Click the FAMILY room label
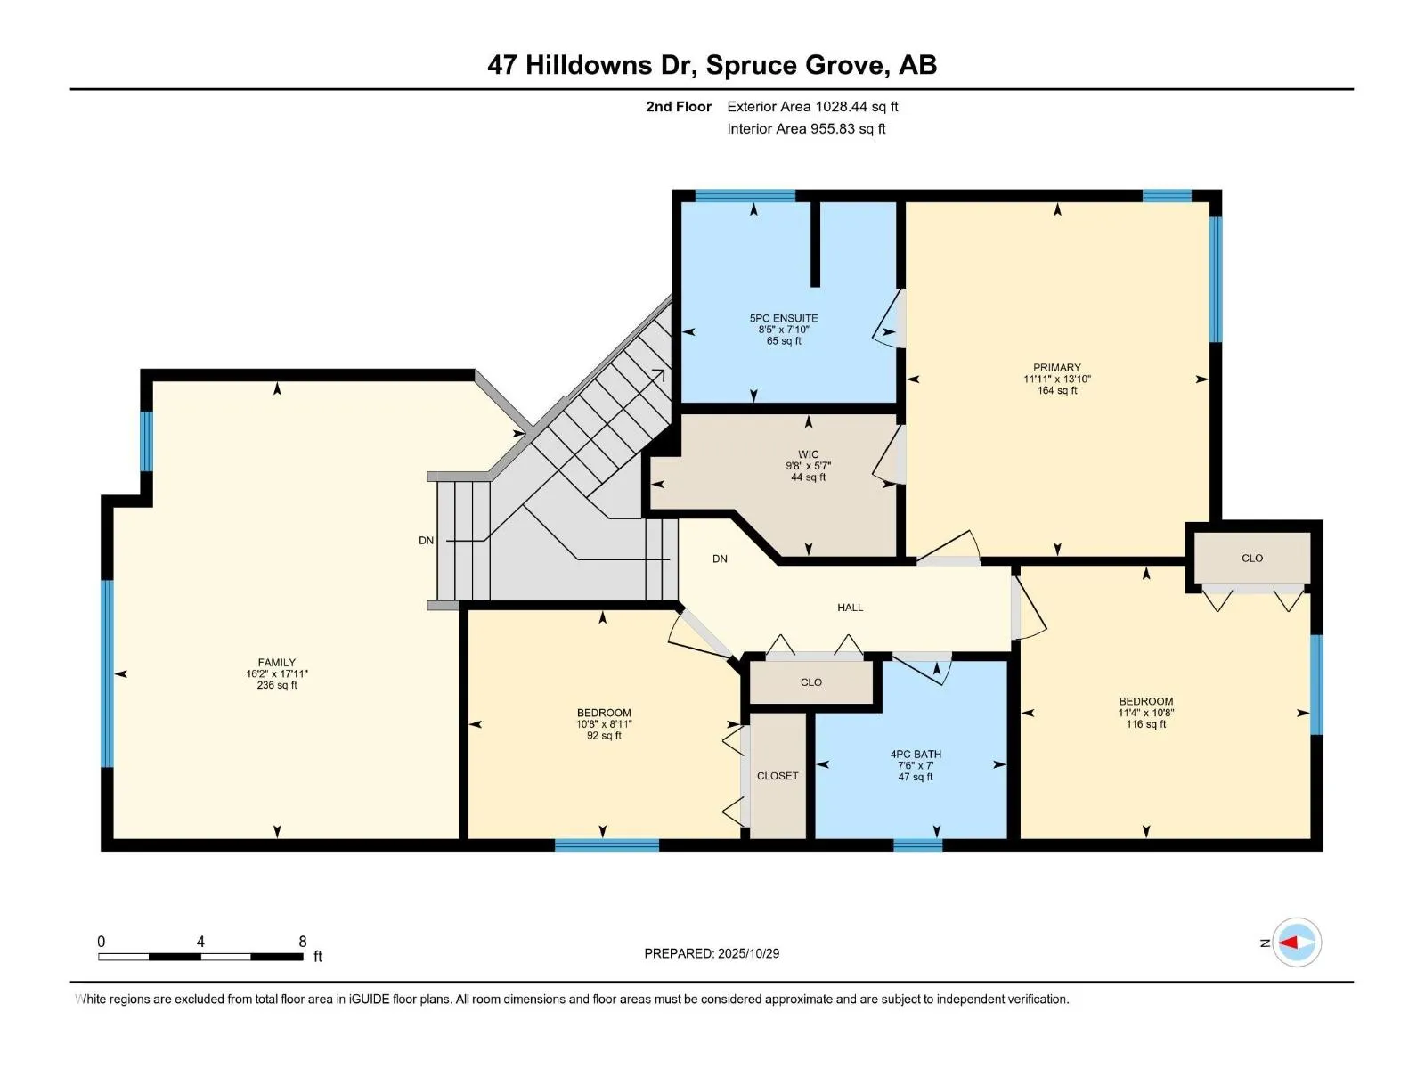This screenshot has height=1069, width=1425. pyautogui.click(x=277, y=663)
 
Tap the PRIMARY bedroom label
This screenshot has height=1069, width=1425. pyautogui.click(x=1057, y=367)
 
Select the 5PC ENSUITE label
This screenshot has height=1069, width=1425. pyautogui.click(x=784, y=318)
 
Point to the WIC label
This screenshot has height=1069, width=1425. pyautogui.click(x=809, y=454)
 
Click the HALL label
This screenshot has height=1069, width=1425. pyautogui.click(x=850, y=608)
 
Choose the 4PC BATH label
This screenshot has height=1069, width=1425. pyautogui.click(x=916, y=755)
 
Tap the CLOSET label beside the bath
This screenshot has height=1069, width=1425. pyautogui.click(x=778, y=776)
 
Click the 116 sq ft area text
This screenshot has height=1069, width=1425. pyautogui.click(x=1146, y=723)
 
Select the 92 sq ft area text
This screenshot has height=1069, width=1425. pyautogui.click(x=604, y=736)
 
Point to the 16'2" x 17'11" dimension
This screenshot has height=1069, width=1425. pyautogui.click(x=277, y=673)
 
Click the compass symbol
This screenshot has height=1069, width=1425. pyautogui.click(x=1297, y=942)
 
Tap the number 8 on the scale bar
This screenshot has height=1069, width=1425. pyautogui.click(x=303, y=941)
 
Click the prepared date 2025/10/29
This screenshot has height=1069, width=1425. pyautogui.click(x=748, y=953)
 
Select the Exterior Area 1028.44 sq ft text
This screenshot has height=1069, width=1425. pyautogui.click(x=812, y=106)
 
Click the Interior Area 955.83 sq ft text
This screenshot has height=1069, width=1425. pyautogui.click(x=806, y=128)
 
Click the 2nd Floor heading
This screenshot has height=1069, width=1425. pyautogui.click(x=679, y=106)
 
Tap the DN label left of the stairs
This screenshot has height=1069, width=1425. pyautogui.click(x=426, y=540)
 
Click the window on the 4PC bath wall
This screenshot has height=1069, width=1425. pyautogui.click(x=917, y=845)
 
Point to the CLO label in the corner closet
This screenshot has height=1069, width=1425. pyautogui.click(x=1251, y=559)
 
